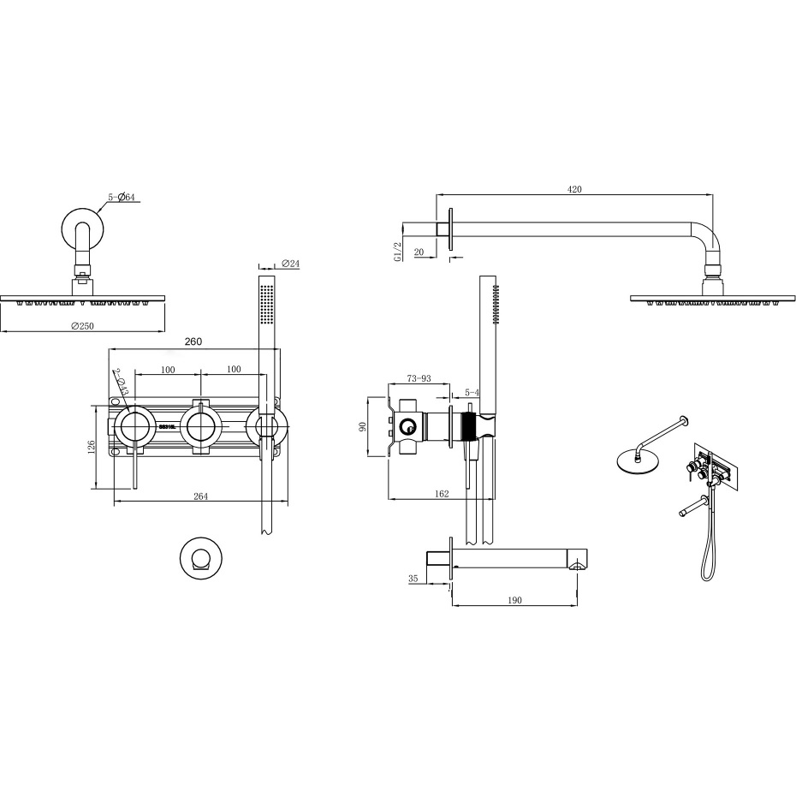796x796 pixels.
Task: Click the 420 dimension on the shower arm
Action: point(574,189)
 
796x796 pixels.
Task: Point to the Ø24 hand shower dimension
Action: point(289,264)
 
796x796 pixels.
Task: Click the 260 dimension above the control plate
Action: point(193,342)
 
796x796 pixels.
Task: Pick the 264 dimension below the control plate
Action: point(200,496)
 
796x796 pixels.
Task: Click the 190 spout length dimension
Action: point(514,601)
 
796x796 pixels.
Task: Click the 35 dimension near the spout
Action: point(413,579)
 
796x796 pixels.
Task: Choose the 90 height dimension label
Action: point(363,426)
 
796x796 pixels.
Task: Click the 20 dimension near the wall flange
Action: point(419,252)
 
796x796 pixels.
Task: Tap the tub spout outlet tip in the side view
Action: point(579,563)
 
